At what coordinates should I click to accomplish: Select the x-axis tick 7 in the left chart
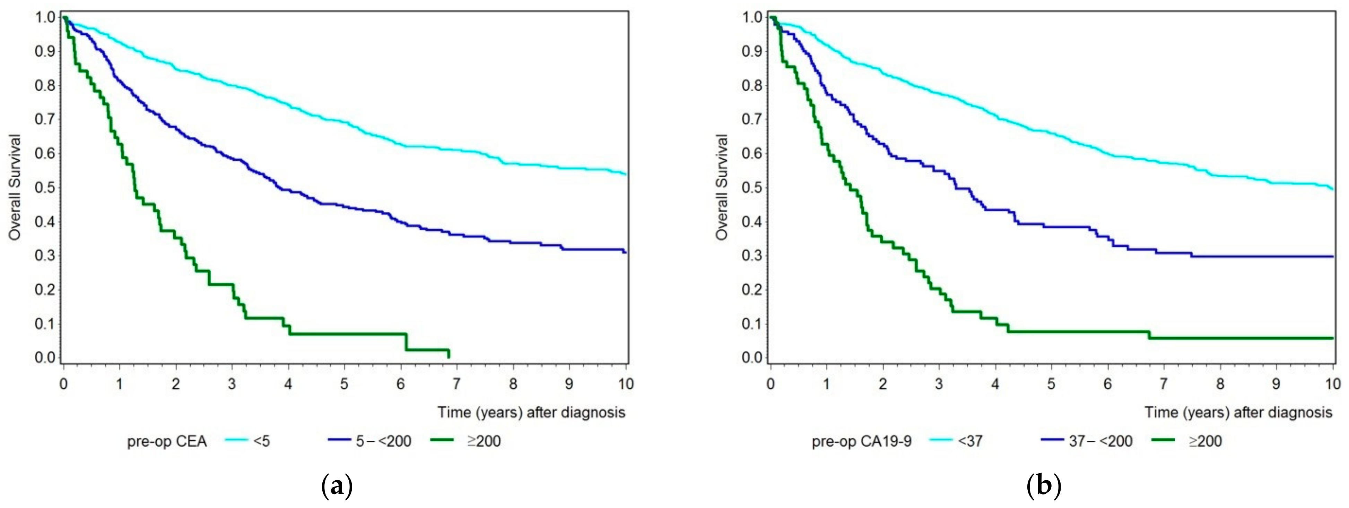pyautogui.click(x=456, y=384)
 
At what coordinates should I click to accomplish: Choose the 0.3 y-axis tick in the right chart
pyautogui.click(x=752, y=256)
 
